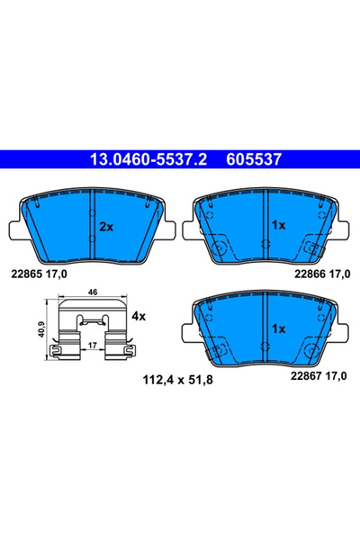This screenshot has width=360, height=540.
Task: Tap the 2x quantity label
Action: tap(106, 227)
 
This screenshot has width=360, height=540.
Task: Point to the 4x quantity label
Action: tap(138, 317)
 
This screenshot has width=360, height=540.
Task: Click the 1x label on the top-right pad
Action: tap(278, 227)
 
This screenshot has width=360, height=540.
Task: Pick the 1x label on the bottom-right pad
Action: tap(278, 329)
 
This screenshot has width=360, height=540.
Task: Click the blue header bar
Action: tap(180, 161)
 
